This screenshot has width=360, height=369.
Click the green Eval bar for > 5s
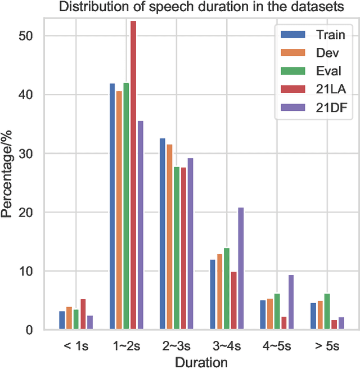[327, 312]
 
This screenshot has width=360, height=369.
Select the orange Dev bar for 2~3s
[170, 237]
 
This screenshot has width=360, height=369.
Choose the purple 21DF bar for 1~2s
[140, 225]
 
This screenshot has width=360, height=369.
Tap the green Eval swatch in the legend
[293, 71]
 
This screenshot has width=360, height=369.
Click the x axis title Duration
[201, 361]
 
